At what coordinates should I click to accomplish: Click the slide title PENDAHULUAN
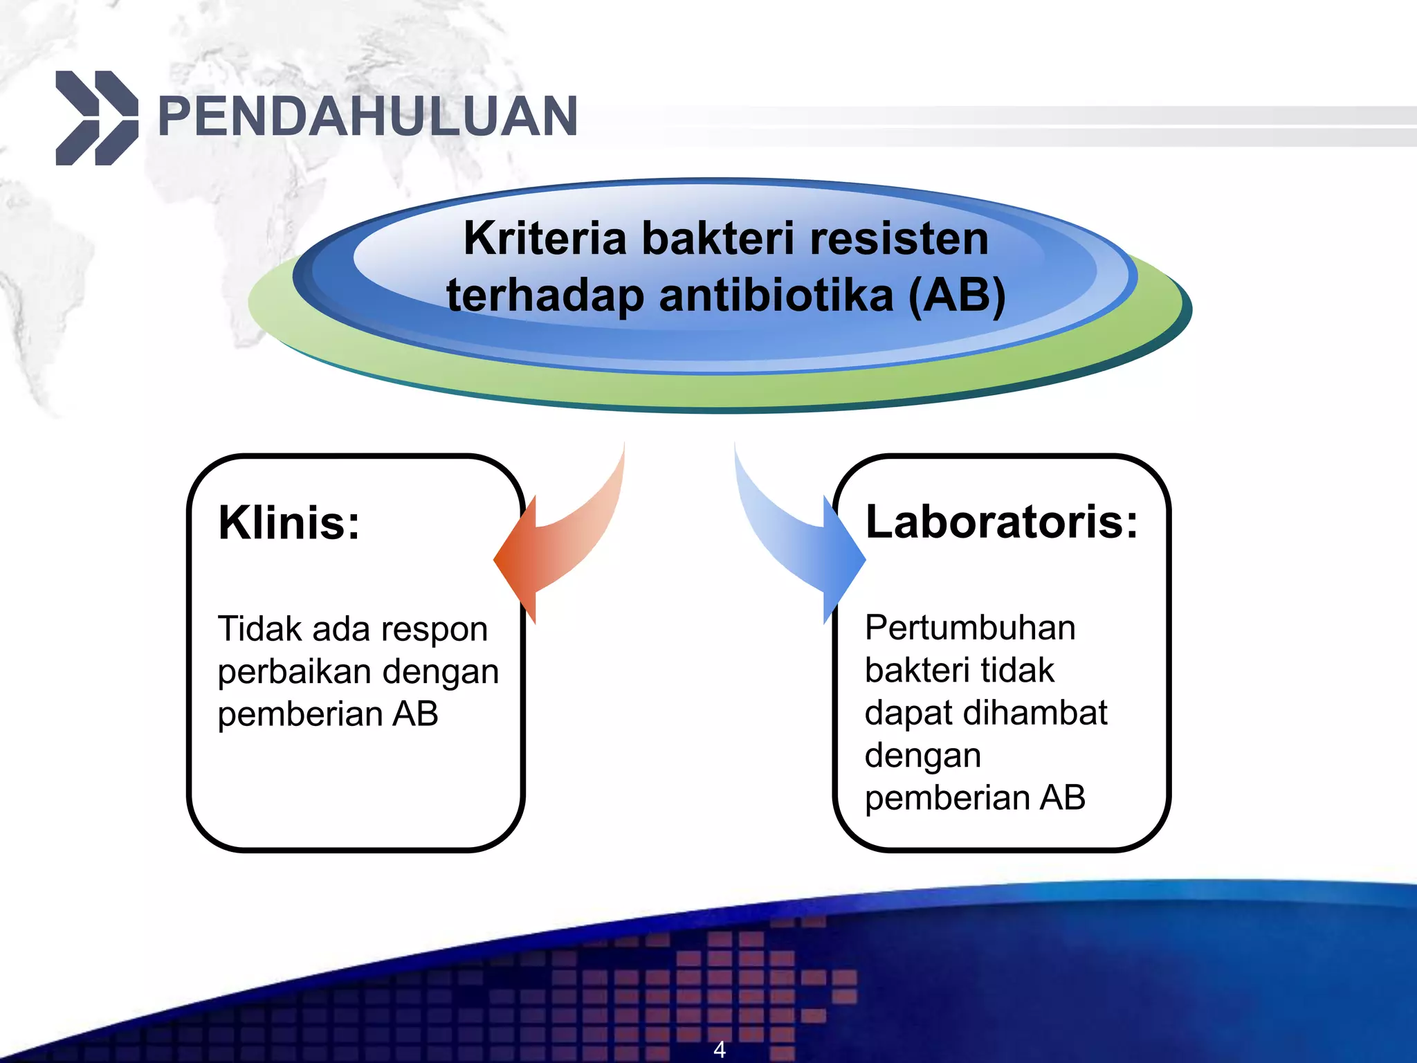[367, 116]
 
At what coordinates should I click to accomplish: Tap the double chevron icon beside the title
[97, 118]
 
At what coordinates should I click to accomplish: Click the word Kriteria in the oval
[545, 238]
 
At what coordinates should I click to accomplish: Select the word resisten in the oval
[899, 238]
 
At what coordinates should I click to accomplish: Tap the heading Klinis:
[289, 523]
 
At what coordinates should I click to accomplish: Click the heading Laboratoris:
[1001, 521]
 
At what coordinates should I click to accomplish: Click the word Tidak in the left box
[259, 629]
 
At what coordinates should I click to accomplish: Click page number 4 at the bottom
[720, 1049]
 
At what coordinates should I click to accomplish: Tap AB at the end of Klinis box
[415, 714]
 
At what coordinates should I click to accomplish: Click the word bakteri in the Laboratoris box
[913, 671]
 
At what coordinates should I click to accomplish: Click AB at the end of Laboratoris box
[1062, 797]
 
